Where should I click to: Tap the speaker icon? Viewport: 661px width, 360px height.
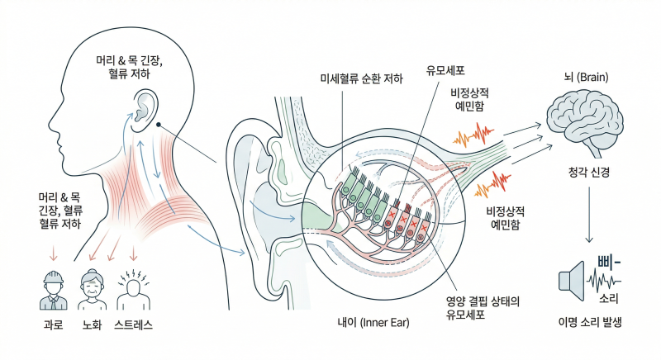click(572, 281)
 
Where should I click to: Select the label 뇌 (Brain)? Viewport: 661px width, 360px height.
click(586, 77)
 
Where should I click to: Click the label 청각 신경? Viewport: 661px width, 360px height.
click(589, 172)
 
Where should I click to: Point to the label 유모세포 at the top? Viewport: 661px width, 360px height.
click(445, 70)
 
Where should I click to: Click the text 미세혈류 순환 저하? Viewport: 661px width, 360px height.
click(362, 78)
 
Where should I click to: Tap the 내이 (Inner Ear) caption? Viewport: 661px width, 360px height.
click(373, 323)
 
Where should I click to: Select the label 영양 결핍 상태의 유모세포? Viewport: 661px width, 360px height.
click(483, 307)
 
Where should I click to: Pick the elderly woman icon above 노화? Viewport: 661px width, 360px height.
click(92, 290)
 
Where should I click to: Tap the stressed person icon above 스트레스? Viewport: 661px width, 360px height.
click(133, 291)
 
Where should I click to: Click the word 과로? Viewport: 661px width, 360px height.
click(53, 324)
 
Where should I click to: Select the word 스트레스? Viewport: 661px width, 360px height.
click(133, 324)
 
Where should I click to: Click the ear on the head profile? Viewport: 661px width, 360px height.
click(145, 109)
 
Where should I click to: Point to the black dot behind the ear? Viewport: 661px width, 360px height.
click(159, 124)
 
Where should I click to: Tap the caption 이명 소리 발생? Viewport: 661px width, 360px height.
click(590, 323)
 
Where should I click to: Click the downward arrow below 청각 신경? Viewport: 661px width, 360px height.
click(589, 215)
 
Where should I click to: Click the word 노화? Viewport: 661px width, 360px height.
click(92, 324)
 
